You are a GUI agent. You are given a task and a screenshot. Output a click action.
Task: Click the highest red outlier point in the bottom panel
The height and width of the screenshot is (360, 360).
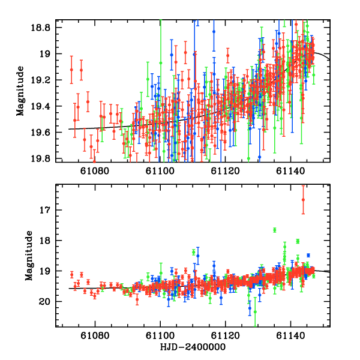point(303,200)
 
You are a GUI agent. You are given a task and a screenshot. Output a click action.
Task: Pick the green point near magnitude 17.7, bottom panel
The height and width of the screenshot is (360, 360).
point(274,230)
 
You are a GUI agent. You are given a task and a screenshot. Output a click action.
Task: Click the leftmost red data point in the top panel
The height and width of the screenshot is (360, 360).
point(71,70)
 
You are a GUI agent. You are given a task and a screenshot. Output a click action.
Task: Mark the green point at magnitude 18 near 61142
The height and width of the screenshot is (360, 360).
point(298,241)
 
